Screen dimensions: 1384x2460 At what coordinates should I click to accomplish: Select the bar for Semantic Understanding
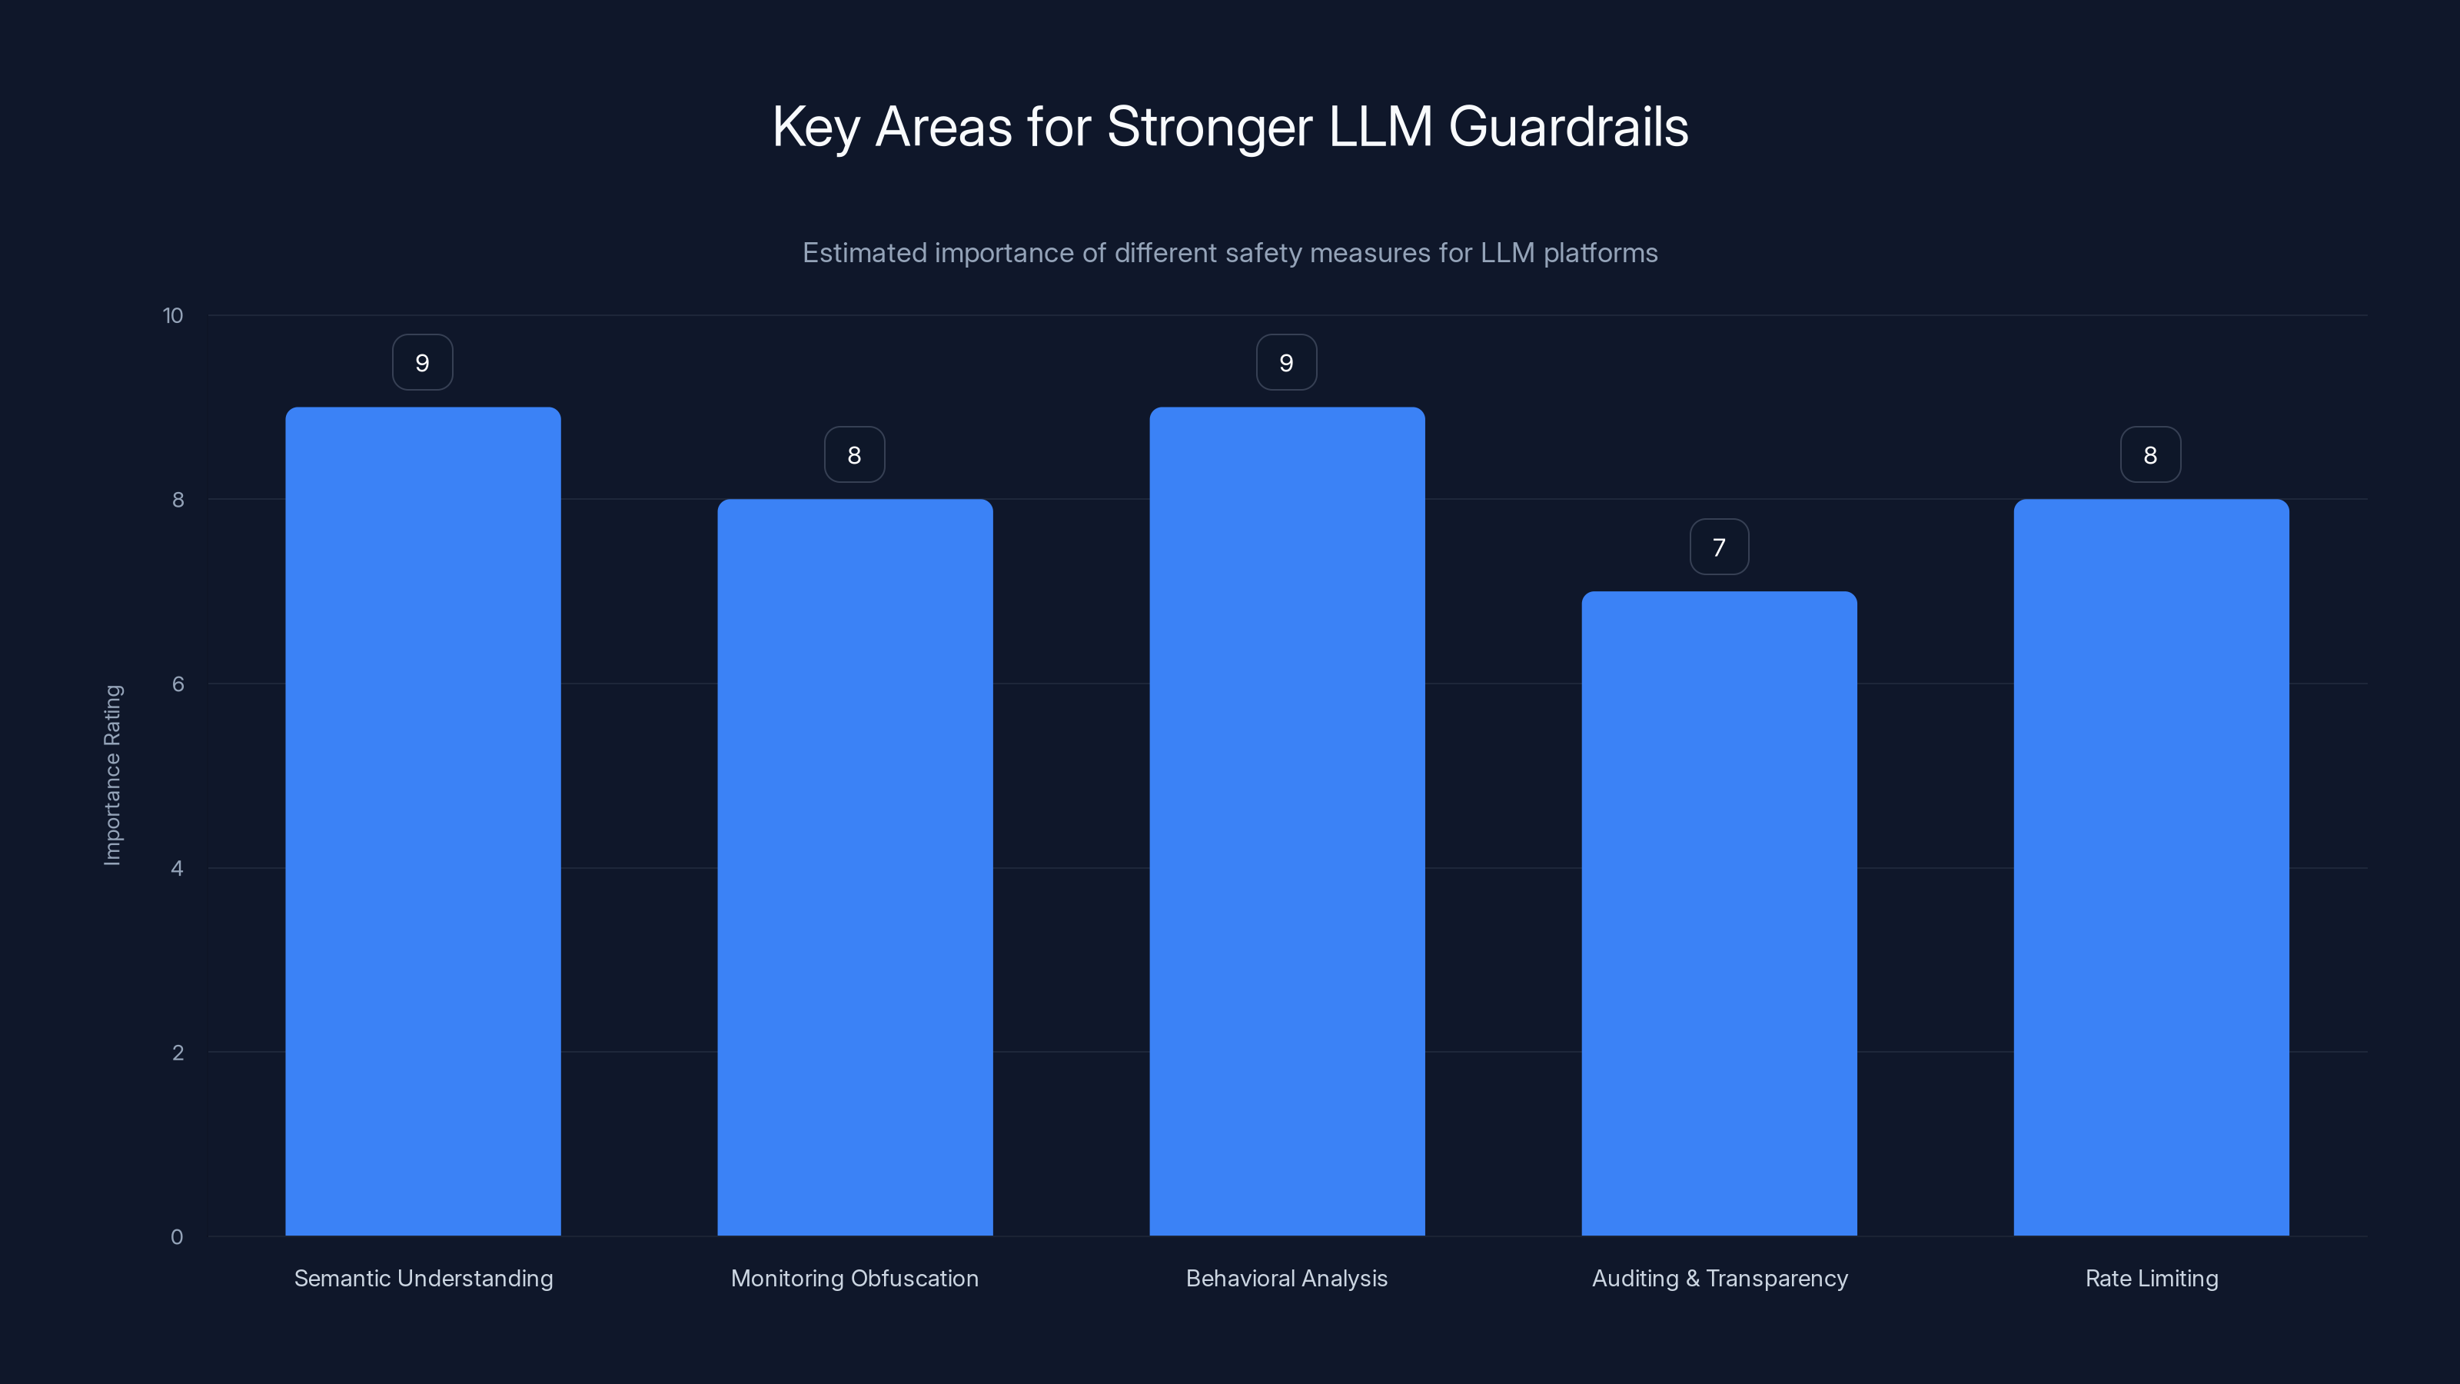423,821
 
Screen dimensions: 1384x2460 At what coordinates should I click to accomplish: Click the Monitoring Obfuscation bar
855,867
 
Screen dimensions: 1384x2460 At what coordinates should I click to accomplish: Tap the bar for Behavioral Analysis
1286,821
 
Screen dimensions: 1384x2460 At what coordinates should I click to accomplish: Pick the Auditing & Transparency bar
1719,913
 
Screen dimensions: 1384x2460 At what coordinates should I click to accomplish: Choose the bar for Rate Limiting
2151,867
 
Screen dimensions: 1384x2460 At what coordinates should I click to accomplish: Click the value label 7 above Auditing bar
1719,547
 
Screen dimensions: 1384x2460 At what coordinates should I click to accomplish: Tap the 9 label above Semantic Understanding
422,363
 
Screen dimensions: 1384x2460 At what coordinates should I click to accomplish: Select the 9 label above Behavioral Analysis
1286,363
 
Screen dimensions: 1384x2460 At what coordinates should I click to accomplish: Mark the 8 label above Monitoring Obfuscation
855,456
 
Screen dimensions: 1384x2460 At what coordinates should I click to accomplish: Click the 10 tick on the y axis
173,315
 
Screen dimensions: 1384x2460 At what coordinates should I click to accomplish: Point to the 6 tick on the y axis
178,684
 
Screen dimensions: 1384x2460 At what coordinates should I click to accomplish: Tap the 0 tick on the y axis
177,1237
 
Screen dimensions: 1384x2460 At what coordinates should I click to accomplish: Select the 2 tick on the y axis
178,1053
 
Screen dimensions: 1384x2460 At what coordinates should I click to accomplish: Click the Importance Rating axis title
113,774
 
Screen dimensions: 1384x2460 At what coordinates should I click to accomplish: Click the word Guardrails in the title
1568,127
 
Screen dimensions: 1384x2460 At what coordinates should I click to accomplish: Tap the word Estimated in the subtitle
864,253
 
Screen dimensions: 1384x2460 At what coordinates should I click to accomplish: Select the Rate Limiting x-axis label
2151,1279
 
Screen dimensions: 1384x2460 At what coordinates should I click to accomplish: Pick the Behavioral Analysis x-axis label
1286,1279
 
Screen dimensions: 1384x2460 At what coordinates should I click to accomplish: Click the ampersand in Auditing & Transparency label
1692,1279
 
